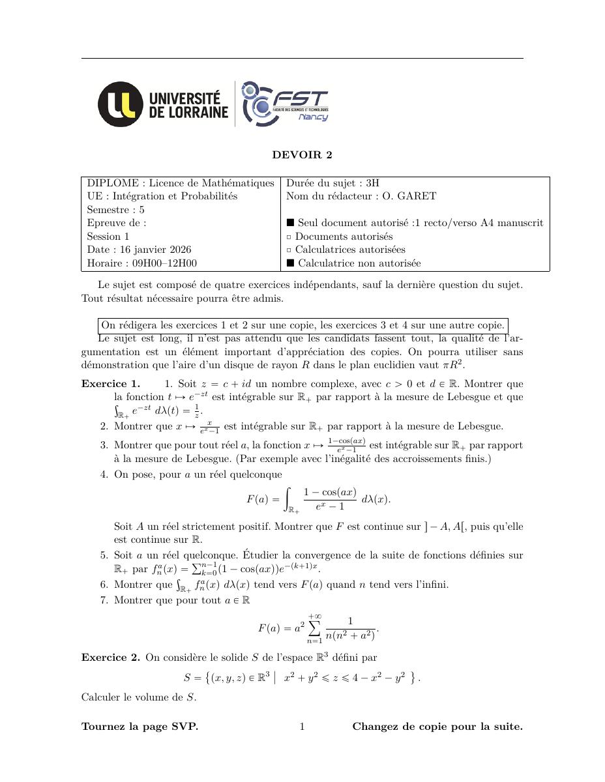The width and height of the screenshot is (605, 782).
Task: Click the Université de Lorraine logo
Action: tap(163, 104)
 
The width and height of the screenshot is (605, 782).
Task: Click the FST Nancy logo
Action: tap(285, 104)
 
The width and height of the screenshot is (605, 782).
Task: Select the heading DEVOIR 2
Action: tap(302, 154)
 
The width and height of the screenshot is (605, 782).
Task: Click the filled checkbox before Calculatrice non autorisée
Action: tap(291, 263)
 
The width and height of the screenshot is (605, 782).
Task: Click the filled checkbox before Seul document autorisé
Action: tap(291, 223)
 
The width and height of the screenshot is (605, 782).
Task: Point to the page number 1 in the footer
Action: tap(302, 727)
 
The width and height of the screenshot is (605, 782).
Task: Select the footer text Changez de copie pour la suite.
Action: tap(437, 727)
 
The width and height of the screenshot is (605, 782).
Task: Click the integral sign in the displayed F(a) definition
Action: tap(291, 499)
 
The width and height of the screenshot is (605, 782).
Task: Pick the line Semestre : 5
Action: tap(116, 210)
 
